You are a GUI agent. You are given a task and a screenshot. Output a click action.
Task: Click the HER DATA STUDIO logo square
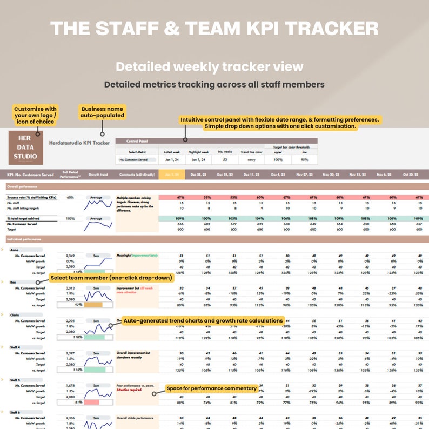[26, 146]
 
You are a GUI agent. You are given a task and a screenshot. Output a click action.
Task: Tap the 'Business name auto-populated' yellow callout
[102, 112]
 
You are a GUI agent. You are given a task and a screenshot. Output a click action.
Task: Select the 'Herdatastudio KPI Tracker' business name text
[79, 143]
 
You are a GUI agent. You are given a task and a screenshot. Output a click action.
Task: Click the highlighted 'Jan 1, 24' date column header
[172, 175]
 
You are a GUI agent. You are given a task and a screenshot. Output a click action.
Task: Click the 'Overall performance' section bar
[216, 186]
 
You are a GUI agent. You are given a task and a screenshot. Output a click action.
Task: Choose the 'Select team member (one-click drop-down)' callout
[111, 278]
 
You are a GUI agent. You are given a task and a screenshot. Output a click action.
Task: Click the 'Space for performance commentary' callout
[211, 388]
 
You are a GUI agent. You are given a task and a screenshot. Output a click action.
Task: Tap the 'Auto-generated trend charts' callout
[203, 320]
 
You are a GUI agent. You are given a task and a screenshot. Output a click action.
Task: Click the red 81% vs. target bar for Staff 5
[91, 401]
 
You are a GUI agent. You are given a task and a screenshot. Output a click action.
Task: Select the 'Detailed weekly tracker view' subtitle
[209, 67]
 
